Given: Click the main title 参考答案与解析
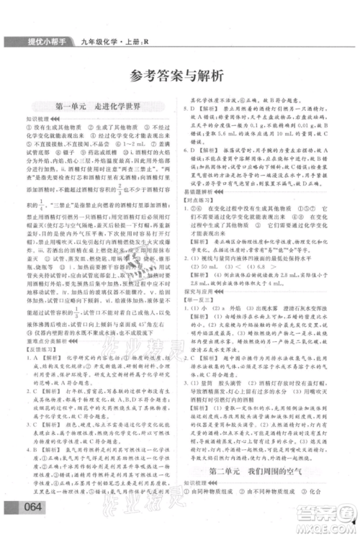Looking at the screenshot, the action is pos(179,71).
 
